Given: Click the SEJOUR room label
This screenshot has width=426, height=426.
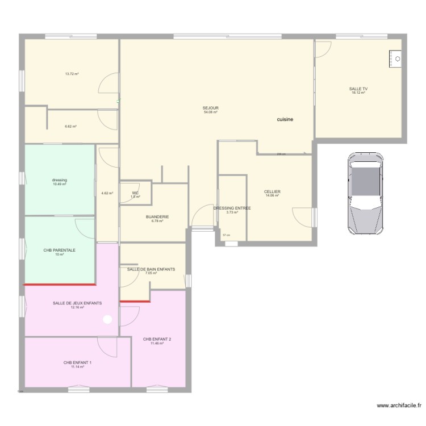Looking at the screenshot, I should point(211,108).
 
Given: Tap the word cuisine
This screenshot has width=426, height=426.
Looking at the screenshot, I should point(285,120).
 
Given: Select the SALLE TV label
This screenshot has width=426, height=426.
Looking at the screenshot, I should point(358,89).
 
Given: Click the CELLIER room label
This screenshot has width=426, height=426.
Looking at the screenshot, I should point(273,192).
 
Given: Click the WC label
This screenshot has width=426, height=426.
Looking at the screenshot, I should point(135,193).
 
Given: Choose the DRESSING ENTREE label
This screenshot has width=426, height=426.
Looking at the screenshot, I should point(232,208).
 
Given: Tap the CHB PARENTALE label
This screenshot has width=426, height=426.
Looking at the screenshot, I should point(60,250).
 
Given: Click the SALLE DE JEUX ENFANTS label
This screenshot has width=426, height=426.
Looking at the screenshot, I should point(77,303).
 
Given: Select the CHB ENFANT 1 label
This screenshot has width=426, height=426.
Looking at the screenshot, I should point(77,362).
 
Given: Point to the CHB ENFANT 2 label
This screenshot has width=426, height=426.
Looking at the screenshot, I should point(157,339).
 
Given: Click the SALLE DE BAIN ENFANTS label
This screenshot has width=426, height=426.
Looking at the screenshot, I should point(151,269).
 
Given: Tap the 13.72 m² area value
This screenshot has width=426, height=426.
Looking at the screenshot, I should point(72,74).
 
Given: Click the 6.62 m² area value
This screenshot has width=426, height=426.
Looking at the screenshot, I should point(70,127).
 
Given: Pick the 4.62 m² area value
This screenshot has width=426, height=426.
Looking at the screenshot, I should point(107,193).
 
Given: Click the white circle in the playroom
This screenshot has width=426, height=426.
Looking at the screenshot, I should point(107,320).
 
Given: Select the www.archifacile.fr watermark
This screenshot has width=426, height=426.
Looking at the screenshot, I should point(391,407).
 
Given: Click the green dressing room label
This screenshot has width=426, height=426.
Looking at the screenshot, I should point(60,180).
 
